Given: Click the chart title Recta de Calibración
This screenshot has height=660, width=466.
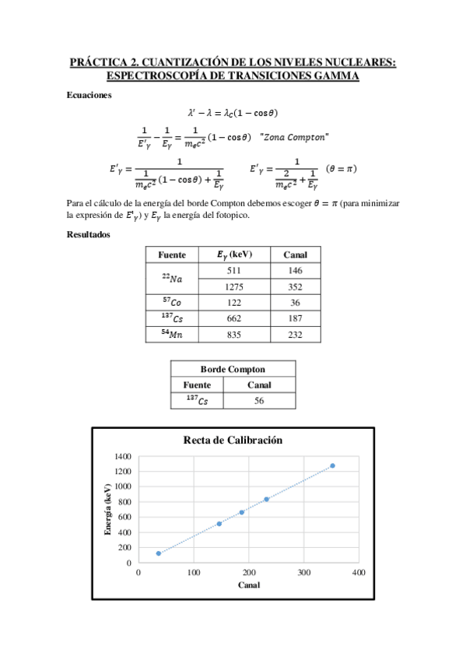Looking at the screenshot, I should point(232,441).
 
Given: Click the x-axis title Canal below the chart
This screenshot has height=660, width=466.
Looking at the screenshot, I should point(248,585).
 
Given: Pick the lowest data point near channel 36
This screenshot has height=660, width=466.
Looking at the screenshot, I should point(159,553).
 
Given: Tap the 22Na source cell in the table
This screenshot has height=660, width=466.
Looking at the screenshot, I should point(172,278).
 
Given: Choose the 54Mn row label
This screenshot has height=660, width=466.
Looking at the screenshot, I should point(172,333).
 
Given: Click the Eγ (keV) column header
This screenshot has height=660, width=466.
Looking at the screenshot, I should point(234,255).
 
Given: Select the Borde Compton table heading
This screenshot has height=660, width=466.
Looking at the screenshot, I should point(233,370).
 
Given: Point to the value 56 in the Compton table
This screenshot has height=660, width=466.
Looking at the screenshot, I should point(259,401).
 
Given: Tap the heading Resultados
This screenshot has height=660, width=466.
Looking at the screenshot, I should point(89,233).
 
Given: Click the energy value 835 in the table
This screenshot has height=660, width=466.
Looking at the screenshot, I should point(234,333).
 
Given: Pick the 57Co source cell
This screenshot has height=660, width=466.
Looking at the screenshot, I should point(172,301).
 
